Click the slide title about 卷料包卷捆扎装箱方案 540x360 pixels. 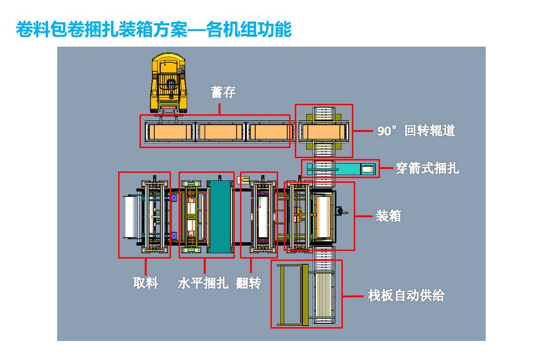(x=153, y=30)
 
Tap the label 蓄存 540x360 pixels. (x=223, y=92)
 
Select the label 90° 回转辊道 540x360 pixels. (x=416, y=130)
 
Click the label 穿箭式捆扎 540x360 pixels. (x=427, y=168)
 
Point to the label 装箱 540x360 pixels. (x=388, y=216)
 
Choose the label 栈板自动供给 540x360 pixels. (x=406, y=295)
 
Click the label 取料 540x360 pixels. (x=145, y=283)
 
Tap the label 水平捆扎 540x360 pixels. (x=202, y=283)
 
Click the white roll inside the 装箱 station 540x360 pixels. (x=323, y=217)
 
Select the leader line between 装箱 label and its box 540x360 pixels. (x=363, y=216)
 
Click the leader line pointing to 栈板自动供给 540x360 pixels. (x=352, y=296)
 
